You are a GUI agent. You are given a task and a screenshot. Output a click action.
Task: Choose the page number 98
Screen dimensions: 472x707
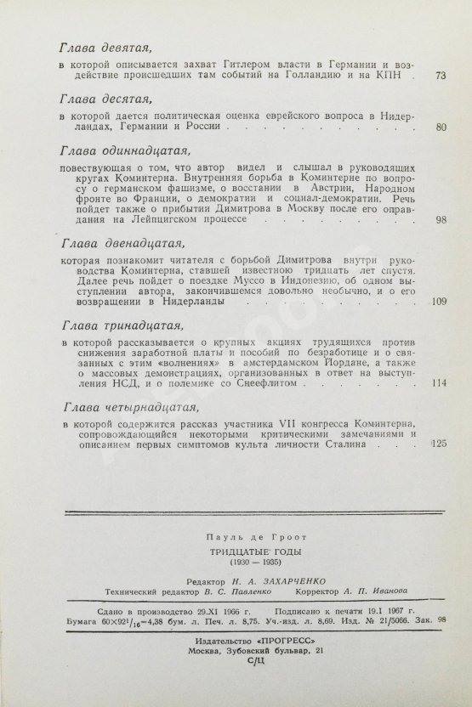click(x=440, y=219)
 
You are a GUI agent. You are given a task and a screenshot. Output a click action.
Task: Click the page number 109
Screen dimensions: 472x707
click(x=439, y=300)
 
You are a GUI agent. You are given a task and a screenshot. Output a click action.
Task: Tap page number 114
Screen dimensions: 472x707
click(x=439, y=382)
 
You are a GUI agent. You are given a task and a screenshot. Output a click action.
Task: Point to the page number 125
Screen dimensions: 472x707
click(x=439, y=443)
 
